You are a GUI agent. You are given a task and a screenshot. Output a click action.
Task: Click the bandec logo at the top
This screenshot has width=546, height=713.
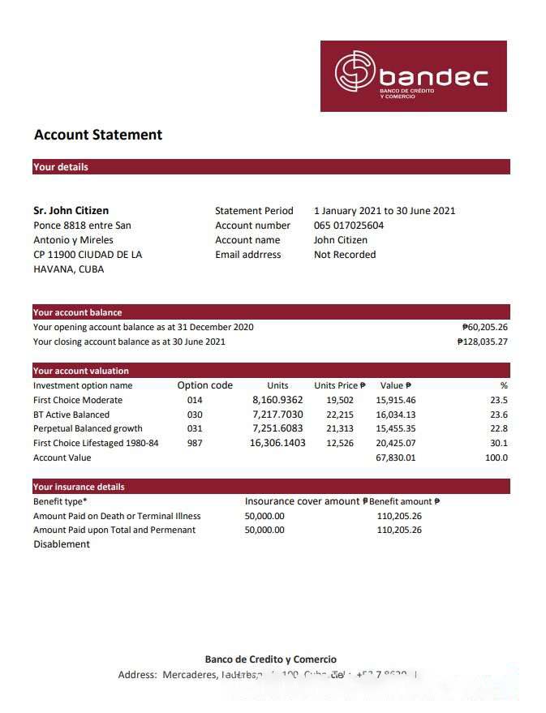(413, 75)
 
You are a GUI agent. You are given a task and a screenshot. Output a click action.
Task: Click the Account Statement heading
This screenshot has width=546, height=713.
(98, 135)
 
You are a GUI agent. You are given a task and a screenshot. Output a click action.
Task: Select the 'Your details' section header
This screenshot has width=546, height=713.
(61, 167)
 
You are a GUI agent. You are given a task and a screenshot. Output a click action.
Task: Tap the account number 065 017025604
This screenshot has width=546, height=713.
(349, 225)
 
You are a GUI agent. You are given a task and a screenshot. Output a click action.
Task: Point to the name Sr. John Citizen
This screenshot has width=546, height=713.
(71, 211)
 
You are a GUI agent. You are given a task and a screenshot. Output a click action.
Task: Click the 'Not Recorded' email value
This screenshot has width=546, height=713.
(345, 255)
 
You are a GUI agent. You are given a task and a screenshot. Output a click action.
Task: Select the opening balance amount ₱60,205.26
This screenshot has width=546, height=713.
(484, 328)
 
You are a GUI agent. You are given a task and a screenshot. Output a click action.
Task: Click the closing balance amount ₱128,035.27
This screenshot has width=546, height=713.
(482, 342)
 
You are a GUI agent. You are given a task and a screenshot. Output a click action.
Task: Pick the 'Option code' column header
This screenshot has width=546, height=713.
(204, 385)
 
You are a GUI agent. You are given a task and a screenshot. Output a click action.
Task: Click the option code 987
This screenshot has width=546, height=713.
(195, 444)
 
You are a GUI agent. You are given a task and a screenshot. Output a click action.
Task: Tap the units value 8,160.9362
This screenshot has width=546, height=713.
(277, 400)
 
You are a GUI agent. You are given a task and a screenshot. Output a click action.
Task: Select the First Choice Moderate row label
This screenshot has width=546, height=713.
(78, 400)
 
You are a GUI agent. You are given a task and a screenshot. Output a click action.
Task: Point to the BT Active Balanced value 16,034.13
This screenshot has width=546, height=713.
(396, 414)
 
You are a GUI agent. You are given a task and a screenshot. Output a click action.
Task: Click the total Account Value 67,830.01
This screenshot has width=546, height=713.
(396, 458)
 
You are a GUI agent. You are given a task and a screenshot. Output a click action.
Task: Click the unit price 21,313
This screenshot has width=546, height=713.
(340, 429)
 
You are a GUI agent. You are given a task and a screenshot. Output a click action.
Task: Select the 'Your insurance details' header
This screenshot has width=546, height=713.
(79, 488)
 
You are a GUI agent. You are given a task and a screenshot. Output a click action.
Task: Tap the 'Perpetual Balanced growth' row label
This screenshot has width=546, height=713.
(88, 429)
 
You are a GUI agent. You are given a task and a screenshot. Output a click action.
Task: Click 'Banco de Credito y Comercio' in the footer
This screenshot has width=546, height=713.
(270, 659)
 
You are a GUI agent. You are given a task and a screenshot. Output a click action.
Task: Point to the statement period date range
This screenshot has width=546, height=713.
(385, 211)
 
